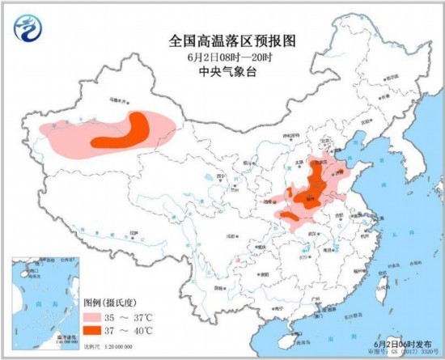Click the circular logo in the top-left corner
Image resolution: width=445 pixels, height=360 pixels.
[29, 30]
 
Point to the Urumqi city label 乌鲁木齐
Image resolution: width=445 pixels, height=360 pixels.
[120, 102]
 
